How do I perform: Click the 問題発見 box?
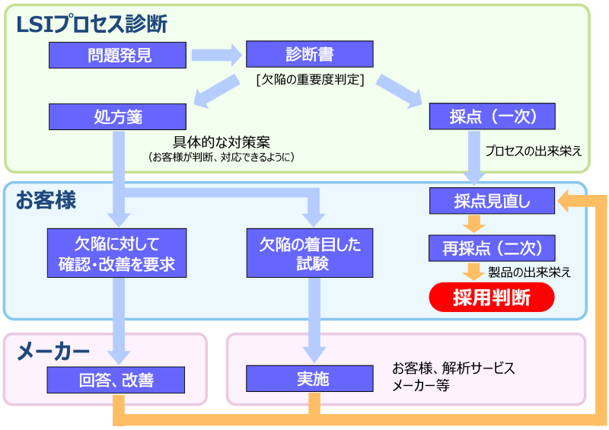[117, 55]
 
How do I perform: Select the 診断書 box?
[310, 54]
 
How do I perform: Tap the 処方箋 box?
[117, 116]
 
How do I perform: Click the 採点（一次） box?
[492, 116]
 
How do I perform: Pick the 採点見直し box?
[492, 201]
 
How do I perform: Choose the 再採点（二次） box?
[492, 248]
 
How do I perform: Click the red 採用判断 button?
[492, 297]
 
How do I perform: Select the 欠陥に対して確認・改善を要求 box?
[117, 253]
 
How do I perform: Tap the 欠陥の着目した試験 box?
[310, 253]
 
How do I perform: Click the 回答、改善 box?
[116, 380]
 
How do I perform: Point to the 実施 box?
[310, 378]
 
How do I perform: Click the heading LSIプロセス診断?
[91, 24]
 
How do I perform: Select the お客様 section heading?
[46, 200]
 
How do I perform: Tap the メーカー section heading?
[53, 352]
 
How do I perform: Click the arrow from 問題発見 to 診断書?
[217, 55]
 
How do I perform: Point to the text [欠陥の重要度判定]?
[310, 80]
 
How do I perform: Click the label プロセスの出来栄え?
[534, 151]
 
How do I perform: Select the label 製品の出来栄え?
[529, 272]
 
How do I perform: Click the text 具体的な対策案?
[222, 142]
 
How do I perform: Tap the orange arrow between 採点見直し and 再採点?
[473, 224]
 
